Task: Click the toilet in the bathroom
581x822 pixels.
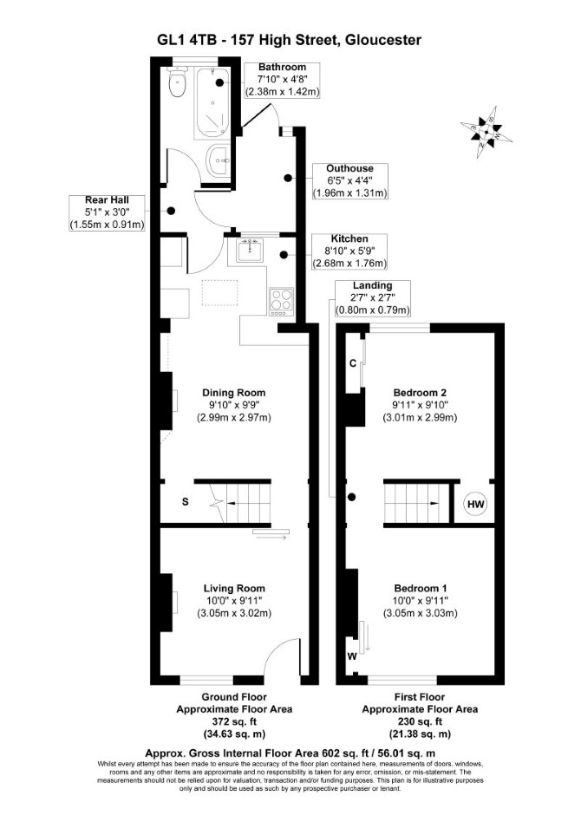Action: pyautogui.click(x=177, y=83)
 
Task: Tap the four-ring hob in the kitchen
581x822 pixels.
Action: pyautogui.click(x=281, y=302)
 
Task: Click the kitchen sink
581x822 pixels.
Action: pyautogui.click(x=250, y=251)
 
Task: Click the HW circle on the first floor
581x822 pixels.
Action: pyautogui.click(x=475, y=505)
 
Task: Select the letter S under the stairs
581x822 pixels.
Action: pyautogui.click(x=185, y=502)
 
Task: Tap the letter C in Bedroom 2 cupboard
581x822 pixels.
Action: pyautogui.click(x=353, y=363)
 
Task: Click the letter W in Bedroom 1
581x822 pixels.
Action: pyautogui.click(x=352, y=656)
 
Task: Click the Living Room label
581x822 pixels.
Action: pyautogui.click(x=234, y=588)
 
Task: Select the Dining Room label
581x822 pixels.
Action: pyautogui.click(x=234, y=393)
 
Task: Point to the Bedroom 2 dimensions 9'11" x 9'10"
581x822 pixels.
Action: pyautogui.click(x=420, y=405)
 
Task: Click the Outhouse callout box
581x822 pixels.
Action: pyautogui.click(x=349, y=181)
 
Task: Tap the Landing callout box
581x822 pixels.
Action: pyautogui.click(x=372, y=298)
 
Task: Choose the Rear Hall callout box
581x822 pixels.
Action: pyautogui.click(x=107, y=212)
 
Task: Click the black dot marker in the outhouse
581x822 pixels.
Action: pyautogui.click(x=288, y=179)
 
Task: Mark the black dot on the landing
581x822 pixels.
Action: pyautogui.click(x=352, y=497)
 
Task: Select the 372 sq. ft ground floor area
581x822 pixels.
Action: pyautogui.click(x=234, y=722)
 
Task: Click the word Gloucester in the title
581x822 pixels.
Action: pyautogui.click(x=382, y=40)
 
